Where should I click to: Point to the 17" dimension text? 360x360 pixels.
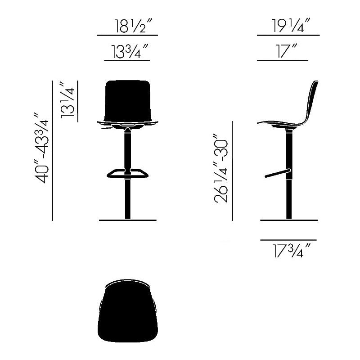coord(283,53)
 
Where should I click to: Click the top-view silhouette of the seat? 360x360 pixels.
coord(127,315)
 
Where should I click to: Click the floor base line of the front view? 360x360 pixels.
coord(127,220)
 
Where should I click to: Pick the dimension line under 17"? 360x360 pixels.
coord(283,61)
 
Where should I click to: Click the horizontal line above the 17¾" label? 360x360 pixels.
coord(288,240)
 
